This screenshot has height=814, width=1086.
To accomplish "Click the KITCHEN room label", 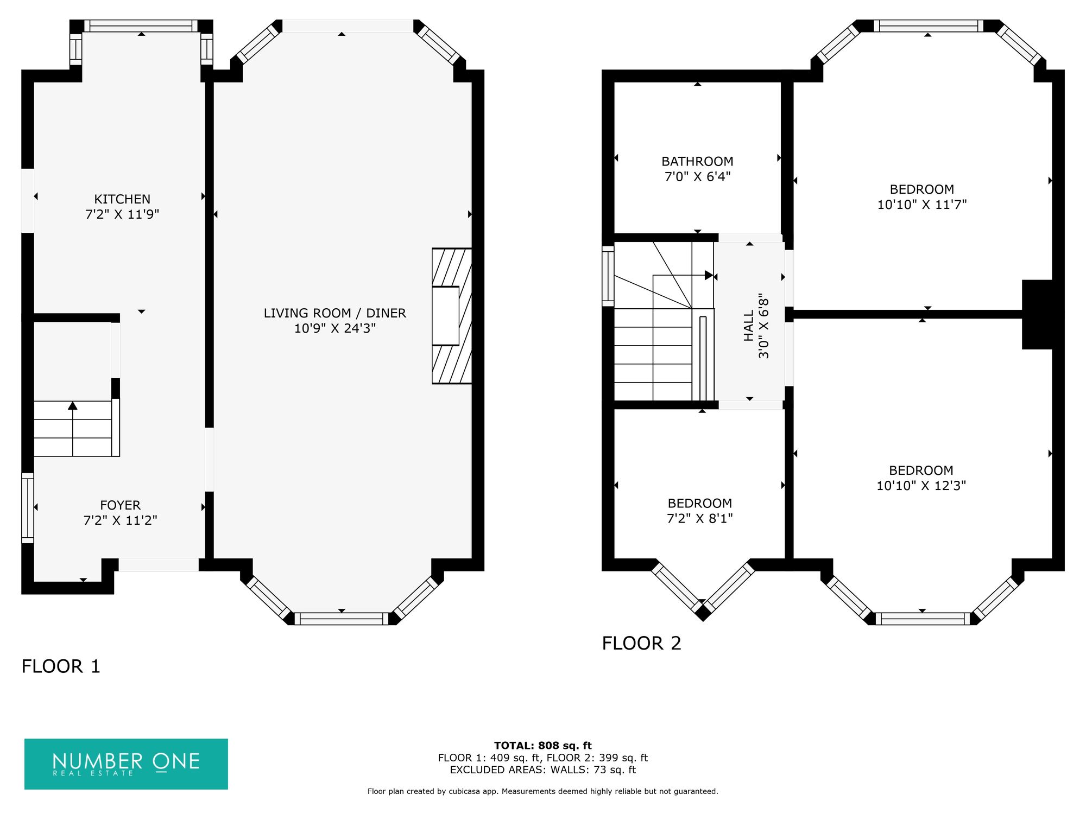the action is tap(122, 199).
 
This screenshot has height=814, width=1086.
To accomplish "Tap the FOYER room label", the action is tap(121, 505).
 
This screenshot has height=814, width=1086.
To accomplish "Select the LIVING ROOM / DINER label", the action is tap(335, 313).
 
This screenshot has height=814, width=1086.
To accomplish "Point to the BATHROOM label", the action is tap(697, 161).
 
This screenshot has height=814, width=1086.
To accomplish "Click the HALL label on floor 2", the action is tap(749, 326).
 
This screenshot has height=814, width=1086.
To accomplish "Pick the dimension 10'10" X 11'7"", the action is tap(922, 205).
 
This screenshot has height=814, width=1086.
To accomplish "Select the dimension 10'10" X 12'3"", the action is tap(921, 486).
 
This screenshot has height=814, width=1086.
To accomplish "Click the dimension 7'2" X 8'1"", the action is tap(700, 518).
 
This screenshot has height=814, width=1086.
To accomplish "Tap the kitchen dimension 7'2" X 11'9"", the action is tap(122, 214).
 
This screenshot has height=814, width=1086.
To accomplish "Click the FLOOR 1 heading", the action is tap(61, 666).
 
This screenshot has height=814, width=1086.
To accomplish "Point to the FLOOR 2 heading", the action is tap(641, 643).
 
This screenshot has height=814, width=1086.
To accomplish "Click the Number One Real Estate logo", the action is tap(126, 764).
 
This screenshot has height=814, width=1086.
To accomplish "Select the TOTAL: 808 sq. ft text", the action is tap(543, 746).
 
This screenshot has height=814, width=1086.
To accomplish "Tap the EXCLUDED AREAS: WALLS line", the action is tap(543, 770).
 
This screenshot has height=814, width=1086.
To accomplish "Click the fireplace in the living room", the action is tap(452, 316).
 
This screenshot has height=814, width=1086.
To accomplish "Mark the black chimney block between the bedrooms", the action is tap(1038, 314).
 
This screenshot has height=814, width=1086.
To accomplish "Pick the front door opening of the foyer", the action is tap(159, 564).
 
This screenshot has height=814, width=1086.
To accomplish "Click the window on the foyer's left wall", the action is tap(28, 508).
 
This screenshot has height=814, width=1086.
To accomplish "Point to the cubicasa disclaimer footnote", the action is tap(543, 791).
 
